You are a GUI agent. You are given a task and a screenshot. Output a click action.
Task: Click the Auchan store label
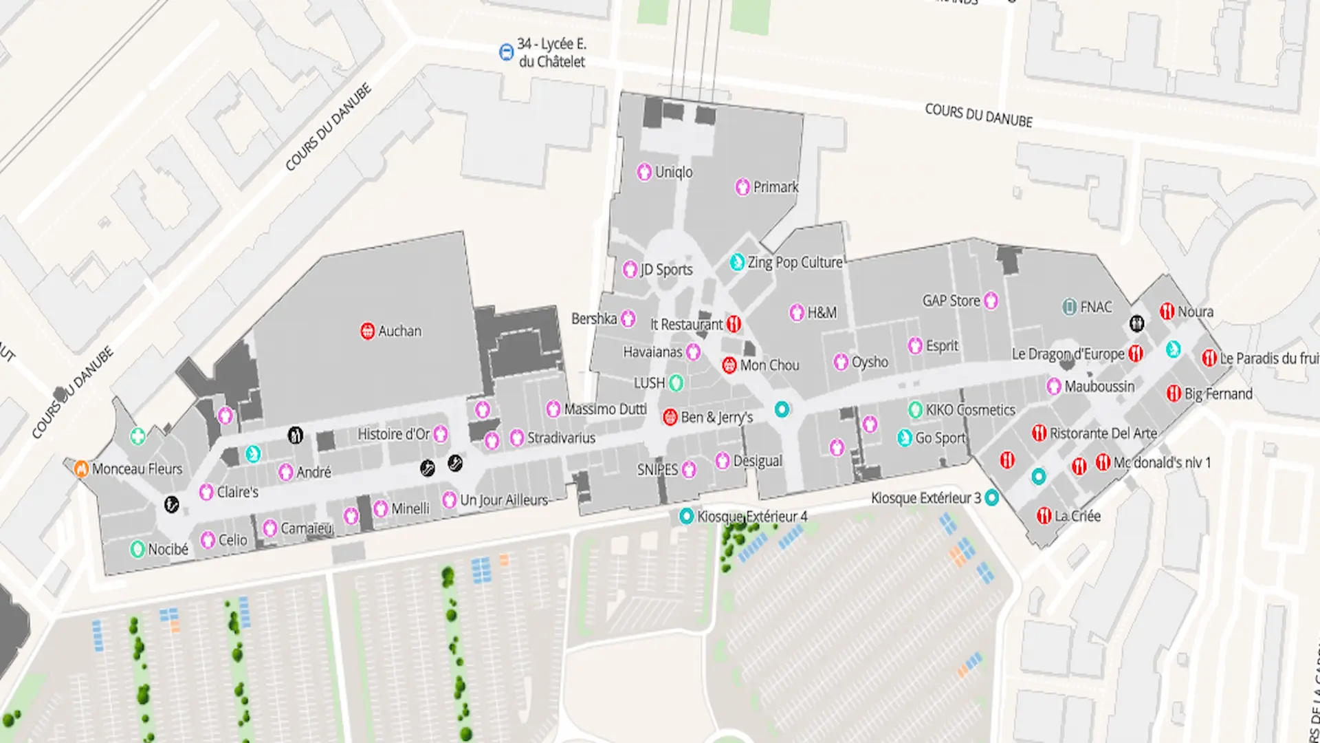pos(399,331)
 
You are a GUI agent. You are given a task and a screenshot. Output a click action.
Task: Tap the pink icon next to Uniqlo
pos(644,171)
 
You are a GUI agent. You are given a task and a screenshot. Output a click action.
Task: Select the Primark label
pos(775,186)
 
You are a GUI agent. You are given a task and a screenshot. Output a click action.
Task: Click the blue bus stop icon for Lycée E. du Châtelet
pos(506,52)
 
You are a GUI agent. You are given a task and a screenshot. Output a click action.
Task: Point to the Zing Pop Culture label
pos(795,262)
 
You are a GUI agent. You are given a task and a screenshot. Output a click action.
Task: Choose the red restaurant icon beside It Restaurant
pos(734,323)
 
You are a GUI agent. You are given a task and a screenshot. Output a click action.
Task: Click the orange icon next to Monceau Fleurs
pos(81,469)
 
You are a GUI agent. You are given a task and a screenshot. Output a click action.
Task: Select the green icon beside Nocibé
pos(137,549)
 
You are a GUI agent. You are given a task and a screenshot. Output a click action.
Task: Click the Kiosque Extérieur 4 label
pos(752,516)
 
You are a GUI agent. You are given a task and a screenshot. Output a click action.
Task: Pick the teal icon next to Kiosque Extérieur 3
pos(991,497)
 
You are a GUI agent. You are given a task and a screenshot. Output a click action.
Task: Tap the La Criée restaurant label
pos(1077,516)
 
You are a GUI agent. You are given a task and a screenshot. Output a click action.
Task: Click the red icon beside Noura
pos(1167,311)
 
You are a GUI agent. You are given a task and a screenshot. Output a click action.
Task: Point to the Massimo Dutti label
pos(605,409)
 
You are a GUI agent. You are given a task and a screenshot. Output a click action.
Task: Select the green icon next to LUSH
pos(676,383)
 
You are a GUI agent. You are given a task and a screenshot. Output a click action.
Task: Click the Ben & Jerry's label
pos(716,417)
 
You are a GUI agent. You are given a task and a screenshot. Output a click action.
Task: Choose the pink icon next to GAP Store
pos(991,300)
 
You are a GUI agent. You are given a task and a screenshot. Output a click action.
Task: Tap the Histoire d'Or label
pos(393,434)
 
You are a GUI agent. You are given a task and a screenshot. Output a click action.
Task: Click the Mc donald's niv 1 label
pos(1162,462)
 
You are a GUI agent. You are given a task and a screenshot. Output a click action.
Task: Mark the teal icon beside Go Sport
pos(905,438)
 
